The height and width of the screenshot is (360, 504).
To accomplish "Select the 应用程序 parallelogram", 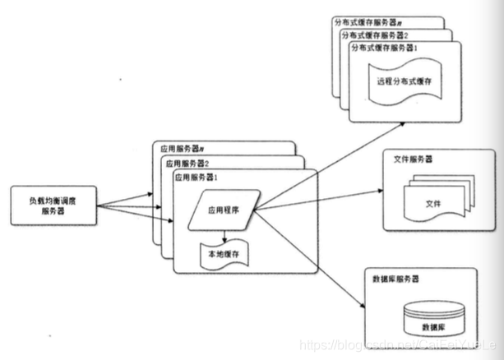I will click(x=223, y=210).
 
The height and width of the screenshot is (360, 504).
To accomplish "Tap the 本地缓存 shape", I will click(x=224, y=256).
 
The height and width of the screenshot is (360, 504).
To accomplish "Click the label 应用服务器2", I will click(x=187, y=163).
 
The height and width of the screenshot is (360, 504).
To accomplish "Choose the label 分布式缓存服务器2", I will click(x=375, y=35).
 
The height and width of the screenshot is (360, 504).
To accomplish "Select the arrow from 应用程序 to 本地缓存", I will click(x=224, y=234).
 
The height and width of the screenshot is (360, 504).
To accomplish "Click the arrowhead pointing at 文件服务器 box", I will click(x=381, y=192).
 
